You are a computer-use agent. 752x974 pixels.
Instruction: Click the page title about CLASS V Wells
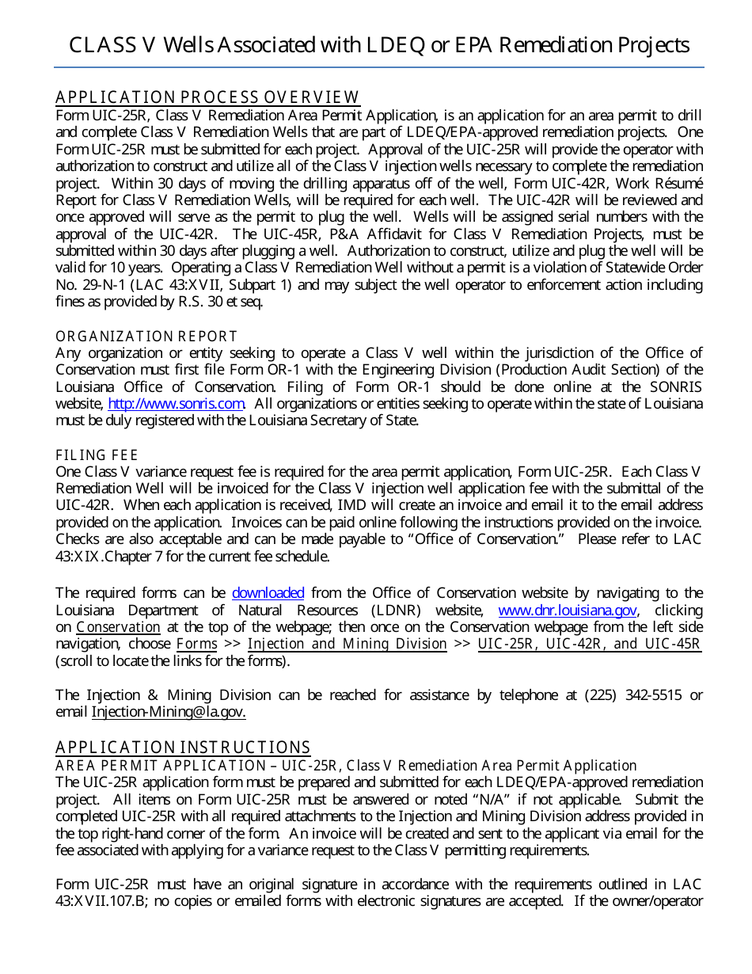(x=378, y=45)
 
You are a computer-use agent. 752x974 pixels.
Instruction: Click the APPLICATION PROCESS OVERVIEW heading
(x=207, y=97)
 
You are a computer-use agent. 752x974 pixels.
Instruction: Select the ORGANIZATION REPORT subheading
(x=146, y=337)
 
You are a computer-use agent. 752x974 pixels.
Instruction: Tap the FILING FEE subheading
(x=97, y=455)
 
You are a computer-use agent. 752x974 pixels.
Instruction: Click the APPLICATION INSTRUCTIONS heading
(x=183, y=748)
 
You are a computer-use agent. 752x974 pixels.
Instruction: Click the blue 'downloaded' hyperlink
(x=268, y=593)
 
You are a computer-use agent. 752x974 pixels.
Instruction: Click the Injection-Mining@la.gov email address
(x=169, y=712)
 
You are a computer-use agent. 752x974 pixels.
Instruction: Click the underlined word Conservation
(x=118, y=627)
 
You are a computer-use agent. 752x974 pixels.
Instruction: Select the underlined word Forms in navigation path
(x=196, y=644)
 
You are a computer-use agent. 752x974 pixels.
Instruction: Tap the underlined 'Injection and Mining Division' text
(x=347, y=644)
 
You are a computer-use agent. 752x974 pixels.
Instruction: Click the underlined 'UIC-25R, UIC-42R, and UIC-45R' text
(x=589, y=644)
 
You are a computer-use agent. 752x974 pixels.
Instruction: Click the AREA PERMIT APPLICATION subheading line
(x=345, y=765)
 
